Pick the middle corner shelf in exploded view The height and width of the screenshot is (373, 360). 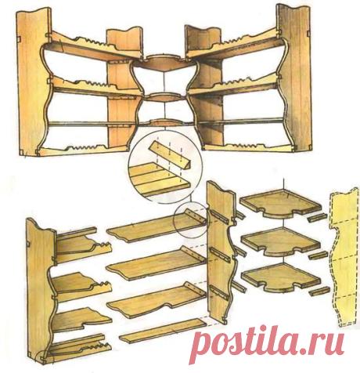point(280,241)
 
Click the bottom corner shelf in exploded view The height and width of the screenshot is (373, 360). point(280,277)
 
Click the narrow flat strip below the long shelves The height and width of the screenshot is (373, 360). point(164,331)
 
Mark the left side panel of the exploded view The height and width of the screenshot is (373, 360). point(39,290)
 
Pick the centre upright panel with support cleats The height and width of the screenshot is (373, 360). point(219,253)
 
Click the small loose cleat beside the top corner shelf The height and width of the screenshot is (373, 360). point(317,218)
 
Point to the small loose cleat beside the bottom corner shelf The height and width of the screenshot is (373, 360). point(319,291)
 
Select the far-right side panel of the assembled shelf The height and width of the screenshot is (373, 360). point(295,78)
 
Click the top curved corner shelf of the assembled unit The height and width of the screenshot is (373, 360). point(164,62)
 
